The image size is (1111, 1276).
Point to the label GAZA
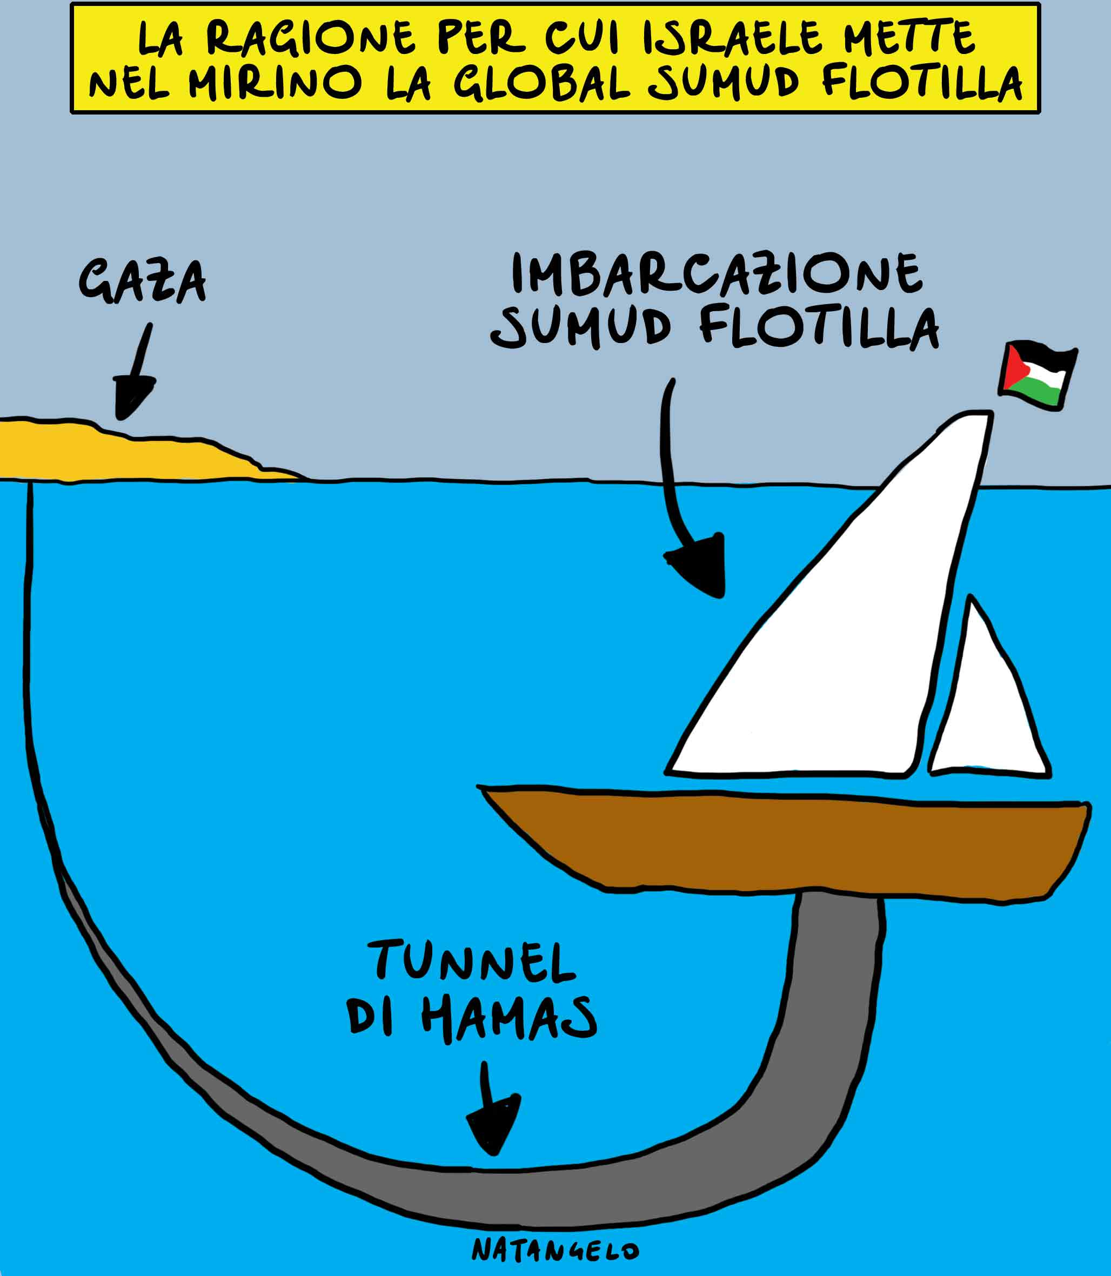coord(143,282)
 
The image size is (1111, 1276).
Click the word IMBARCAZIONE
coord(717,273)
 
